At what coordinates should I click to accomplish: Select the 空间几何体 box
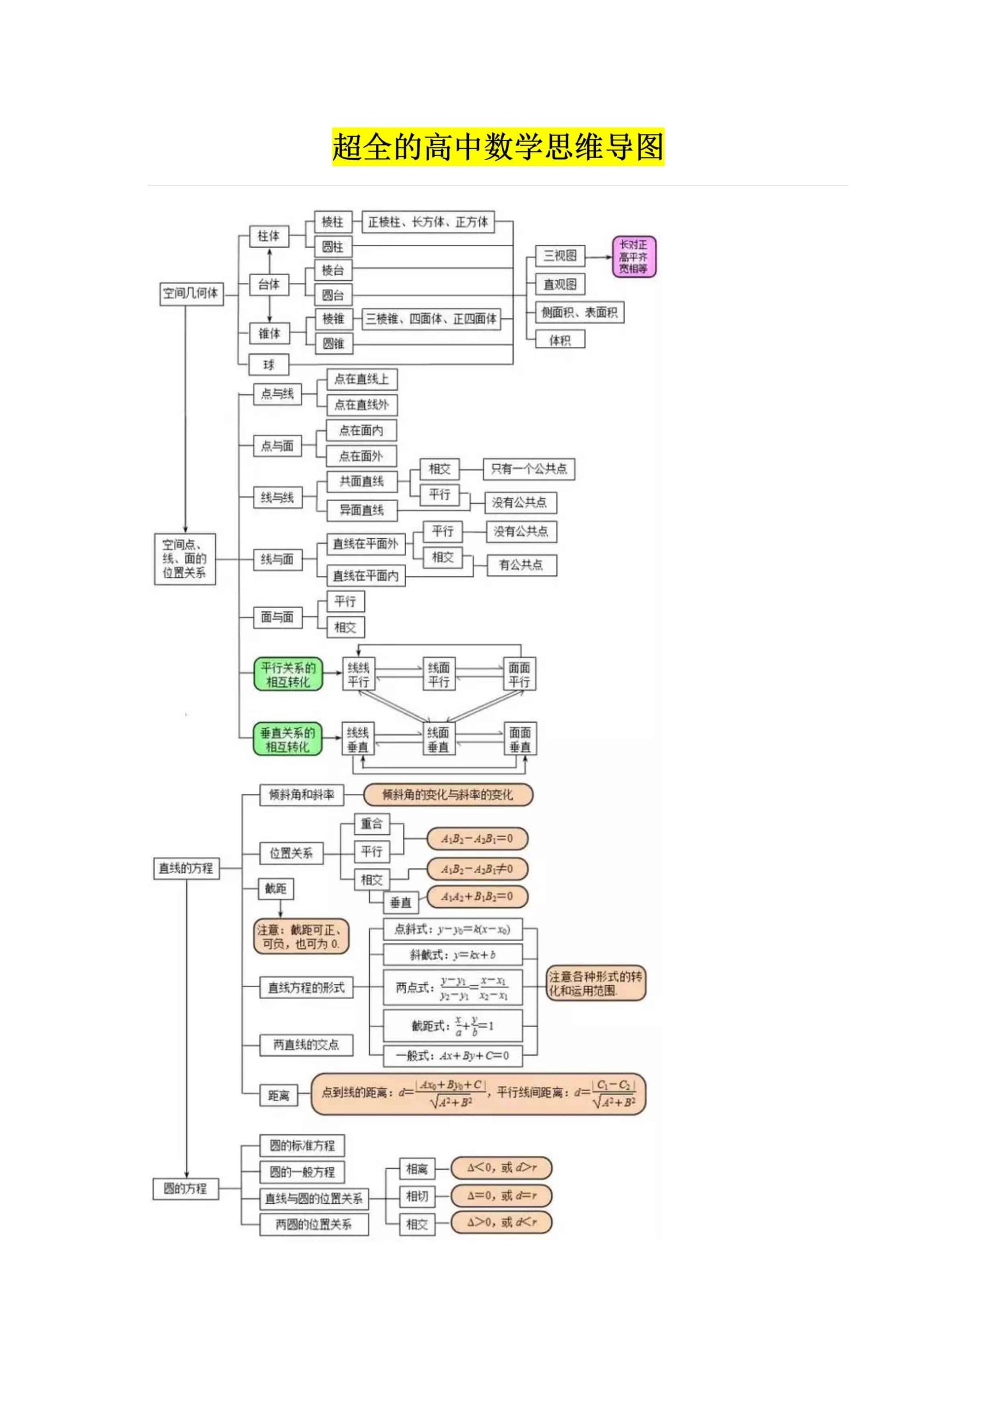pos(190,293)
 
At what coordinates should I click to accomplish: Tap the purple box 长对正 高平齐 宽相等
pos(633,256)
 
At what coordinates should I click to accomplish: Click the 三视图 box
pos(560,255)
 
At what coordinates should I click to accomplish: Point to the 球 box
pos(268,364)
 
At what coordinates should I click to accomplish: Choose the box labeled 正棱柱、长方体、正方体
pos(428,222)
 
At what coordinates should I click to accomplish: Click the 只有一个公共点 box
pos(528,469)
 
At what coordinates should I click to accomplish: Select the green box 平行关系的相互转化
pos(288,674)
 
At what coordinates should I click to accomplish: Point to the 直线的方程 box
pos(186,869)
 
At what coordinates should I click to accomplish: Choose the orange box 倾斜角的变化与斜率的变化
pos(448,795)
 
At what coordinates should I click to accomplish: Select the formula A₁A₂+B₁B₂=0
pos(477,897)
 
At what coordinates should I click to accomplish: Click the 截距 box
pos(276,888)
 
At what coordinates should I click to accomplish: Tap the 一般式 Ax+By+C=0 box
pos(452,1056)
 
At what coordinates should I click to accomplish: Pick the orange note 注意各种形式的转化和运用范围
pos(595,983)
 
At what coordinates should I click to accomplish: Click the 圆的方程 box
pos(185,1189)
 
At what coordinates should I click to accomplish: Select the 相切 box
pos(417,1196)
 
